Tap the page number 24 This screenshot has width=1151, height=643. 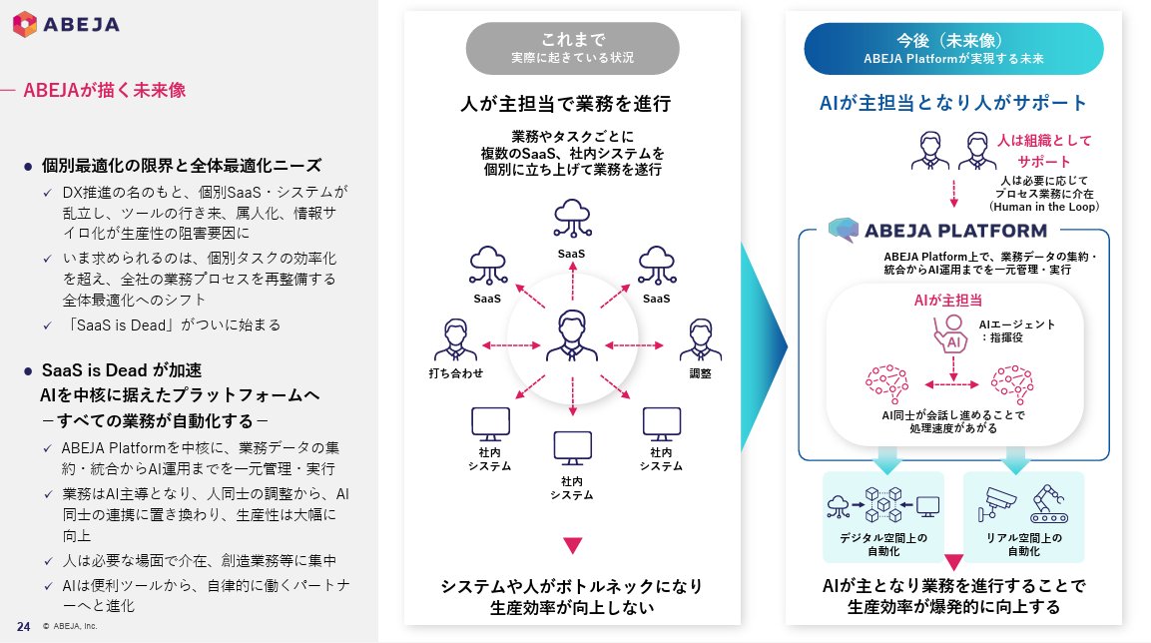(x=23, y=626)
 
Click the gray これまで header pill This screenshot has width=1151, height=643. (x=572, y=48)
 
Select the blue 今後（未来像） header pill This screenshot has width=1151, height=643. (x=953, y=48)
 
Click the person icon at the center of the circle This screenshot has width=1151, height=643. (x=572, y=335)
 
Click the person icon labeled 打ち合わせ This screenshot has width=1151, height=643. (x=456, y=341)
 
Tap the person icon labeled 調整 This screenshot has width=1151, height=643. (x=700, y=341)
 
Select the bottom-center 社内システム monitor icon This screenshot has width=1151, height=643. (x=572, y=448)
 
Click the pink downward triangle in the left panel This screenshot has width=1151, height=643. (x=572, y=545)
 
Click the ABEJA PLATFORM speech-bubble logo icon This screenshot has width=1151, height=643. (x=842, y=229)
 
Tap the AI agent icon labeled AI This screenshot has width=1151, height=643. (x=951, y=333)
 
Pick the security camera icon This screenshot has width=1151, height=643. (x=997, y=503)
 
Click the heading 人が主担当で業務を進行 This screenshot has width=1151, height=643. (x=572, y=103)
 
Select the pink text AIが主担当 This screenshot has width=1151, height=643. (x=947, y=299)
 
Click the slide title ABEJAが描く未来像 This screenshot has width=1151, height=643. (x=104, y=91)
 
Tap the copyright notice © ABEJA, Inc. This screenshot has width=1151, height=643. (x=70, y=627)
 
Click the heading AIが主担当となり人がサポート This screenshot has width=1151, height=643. (x=953, y=103)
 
